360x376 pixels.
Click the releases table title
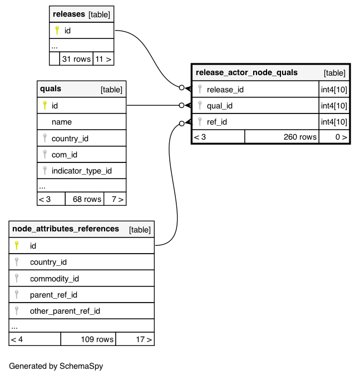point(69,14)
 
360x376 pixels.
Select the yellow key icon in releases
point(57,31)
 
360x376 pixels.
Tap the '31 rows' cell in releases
point(76,58)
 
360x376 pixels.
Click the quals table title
point(51,88)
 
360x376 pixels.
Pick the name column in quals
point(61,122)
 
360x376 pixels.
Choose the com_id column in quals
point(64,155)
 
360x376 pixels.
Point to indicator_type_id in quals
point(81,171)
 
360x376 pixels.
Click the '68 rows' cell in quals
point(84,199)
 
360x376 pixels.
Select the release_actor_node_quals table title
point(246,72)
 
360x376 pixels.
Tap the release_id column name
point(225,89)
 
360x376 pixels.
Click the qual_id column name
point(219,106)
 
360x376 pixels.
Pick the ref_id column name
point(216,122)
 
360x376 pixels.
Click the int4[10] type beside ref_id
point(334,122)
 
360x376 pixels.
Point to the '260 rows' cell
point(300,137)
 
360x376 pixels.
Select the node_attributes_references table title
point(66,229)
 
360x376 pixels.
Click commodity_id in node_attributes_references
point(54,279)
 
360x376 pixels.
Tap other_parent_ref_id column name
point(65,311)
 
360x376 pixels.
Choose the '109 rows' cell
point(97,339)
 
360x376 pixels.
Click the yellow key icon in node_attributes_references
point(17,245)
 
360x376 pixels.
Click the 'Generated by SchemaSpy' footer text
point(56,366)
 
